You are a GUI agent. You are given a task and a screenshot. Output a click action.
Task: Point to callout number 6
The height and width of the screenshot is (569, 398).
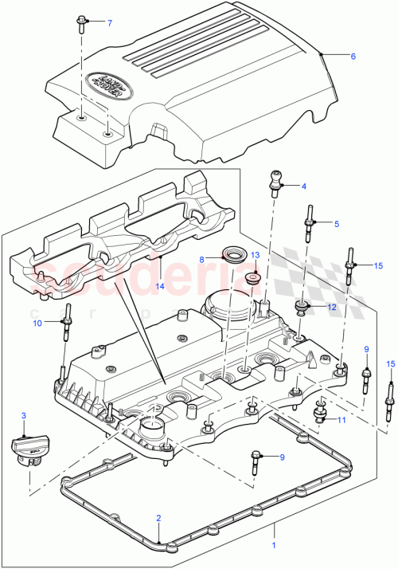tap(353, 56)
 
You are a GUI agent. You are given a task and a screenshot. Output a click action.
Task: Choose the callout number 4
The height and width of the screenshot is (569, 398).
tap(303, 186)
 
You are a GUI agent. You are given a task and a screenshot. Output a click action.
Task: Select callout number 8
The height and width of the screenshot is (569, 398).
tap(202, 259)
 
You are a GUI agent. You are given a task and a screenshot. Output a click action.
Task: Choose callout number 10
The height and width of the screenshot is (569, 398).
tap(37, 323)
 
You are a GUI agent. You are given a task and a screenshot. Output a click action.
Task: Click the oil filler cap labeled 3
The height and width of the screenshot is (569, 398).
tap(25, 447)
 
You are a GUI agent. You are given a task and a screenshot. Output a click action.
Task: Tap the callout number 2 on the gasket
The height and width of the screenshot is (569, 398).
tap(158, 518)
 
